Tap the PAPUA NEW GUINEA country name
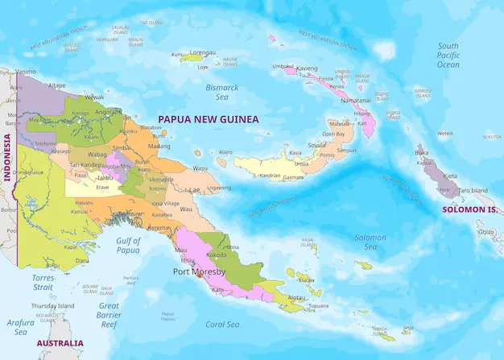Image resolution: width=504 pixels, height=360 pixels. click(209, 119)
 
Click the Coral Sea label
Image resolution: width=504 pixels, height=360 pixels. click(222, 325)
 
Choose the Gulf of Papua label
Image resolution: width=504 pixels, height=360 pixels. click(128, 245)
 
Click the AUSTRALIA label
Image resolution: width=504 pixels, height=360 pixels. click(60, 343)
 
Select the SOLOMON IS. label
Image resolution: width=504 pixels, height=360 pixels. click(469, 209)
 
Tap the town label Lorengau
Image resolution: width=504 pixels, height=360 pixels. click(202, 52)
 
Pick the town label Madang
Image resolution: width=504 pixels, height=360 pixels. click(159, 147)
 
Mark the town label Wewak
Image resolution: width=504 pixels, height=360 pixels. click(95, 97)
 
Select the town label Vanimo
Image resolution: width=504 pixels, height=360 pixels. click(26, 72)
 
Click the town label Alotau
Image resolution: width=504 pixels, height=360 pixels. click(298, 297)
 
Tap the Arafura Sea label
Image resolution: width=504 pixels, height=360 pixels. click(21, 326)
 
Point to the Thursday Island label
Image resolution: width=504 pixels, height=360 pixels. click(52, 306)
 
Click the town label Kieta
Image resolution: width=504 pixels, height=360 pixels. click(450, 176)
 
